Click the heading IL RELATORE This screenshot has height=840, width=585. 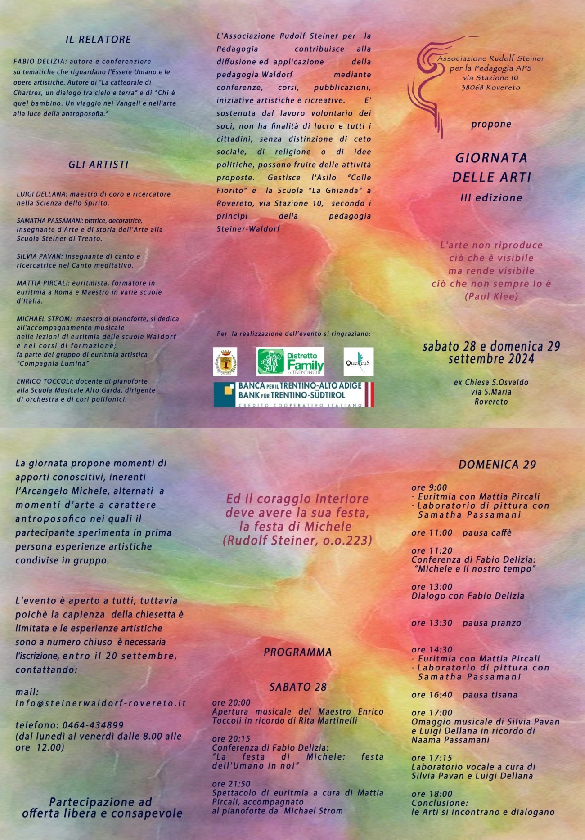coord(98,40)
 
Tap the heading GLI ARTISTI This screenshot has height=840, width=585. coord(98,165)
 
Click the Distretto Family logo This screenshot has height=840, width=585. coord(290,362)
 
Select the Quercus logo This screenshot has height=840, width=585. coord(358,362)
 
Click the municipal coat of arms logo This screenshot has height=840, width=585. coord(225,362)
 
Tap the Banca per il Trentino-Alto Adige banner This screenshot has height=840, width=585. coord(293,394)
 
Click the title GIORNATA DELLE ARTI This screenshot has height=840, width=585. coord(491,167)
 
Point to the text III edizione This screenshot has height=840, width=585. coord(491,197)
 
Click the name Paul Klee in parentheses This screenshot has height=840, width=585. coord(491,296)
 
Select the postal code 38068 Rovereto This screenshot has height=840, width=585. coord(490,87)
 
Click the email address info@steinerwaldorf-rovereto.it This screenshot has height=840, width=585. coord(101,703)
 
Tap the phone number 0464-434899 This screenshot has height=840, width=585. coord(93,725)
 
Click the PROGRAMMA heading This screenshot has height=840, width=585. coord(297,652)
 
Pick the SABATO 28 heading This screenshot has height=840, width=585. coord(297,687)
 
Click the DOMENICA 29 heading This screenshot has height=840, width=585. coord(497,465)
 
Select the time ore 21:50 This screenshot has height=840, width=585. coord(231,784)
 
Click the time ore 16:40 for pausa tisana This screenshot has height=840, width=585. coord(432,695)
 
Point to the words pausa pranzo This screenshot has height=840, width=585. coord(491,623)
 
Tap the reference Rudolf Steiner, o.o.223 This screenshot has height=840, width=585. coord(297,540)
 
